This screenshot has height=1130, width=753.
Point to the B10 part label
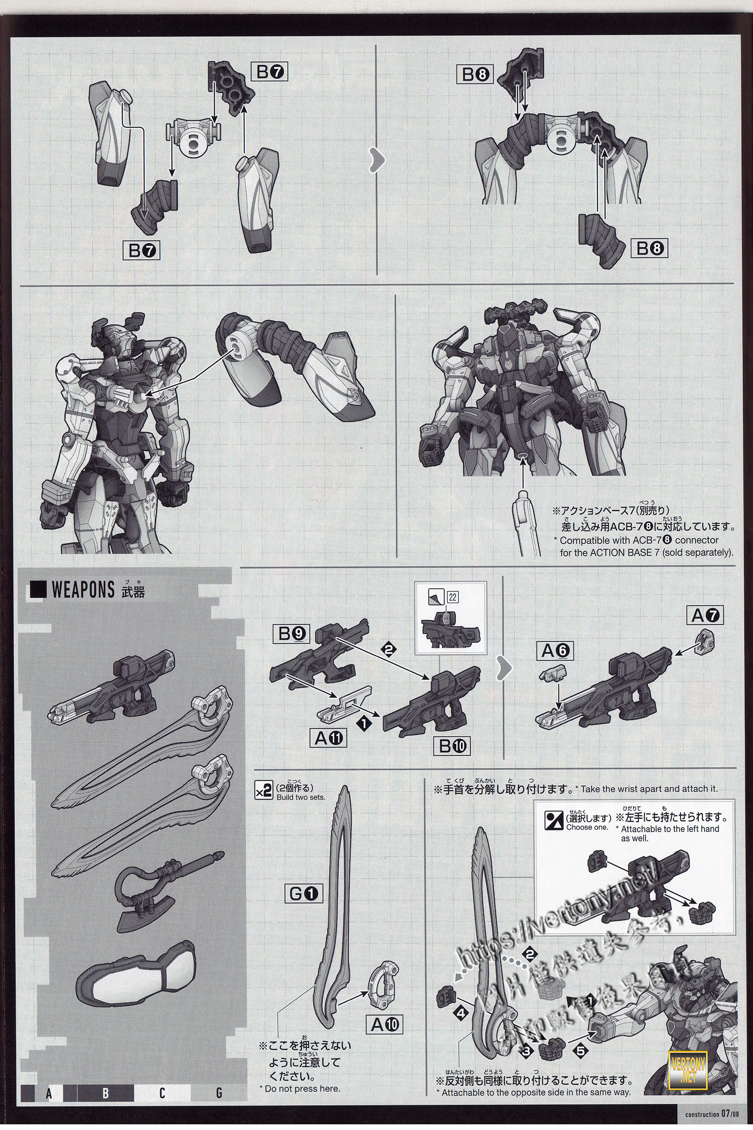coord(453,746)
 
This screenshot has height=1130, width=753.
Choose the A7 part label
coord(706,615)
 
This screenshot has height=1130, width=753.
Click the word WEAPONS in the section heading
coord(83,590)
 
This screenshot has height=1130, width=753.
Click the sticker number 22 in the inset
coord(452,597)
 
